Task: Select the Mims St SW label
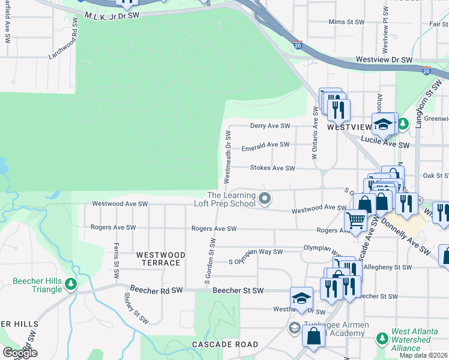(x=346, y=22)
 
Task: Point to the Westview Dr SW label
(x=385, y=60)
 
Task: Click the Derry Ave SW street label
(x=270, y=126)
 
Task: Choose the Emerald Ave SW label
(x=265, y=145)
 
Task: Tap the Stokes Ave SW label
(x=273, y=169)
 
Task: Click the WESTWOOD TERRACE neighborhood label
(x=158, y=259)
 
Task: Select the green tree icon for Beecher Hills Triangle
(x=71, y=283)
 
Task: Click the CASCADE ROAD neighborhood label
(x=225, y=344)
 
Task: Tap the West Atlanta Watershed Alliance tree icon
(x=382, y=339)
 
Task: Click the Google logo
(x=19, y=353)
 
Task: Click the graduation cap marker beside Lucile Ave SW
(x=383, y=124)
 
